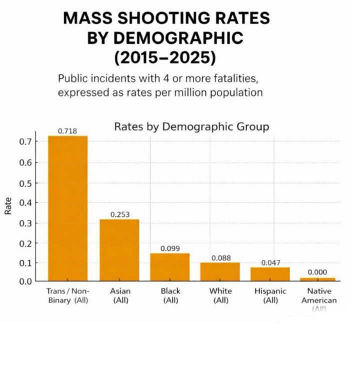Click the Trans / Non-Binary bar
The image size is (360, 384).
pos(67,208)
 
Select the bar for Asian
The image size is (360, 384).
pos(119,250)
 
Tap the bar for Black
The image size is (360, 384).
pos(170,267)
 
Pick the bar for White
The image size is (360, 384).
pos(220,271)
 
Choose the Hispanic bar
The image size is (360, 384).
pos(270,274)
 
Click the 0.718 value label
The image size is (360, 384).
pos(67,131)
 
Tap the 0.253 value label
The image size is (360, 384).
pos(120,214)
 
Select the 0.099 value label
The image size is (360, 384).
pos(170,248)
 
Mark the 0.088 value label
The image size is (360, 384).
pos(220,258)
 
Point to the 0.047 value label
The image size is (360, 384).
pos(270,262)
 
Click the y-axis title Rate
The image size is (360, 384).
pos(8,206)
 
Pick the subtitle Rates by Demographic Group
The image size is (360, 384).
pos(191,126)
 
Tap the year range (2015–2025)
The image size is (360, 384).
pos(165,56)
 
